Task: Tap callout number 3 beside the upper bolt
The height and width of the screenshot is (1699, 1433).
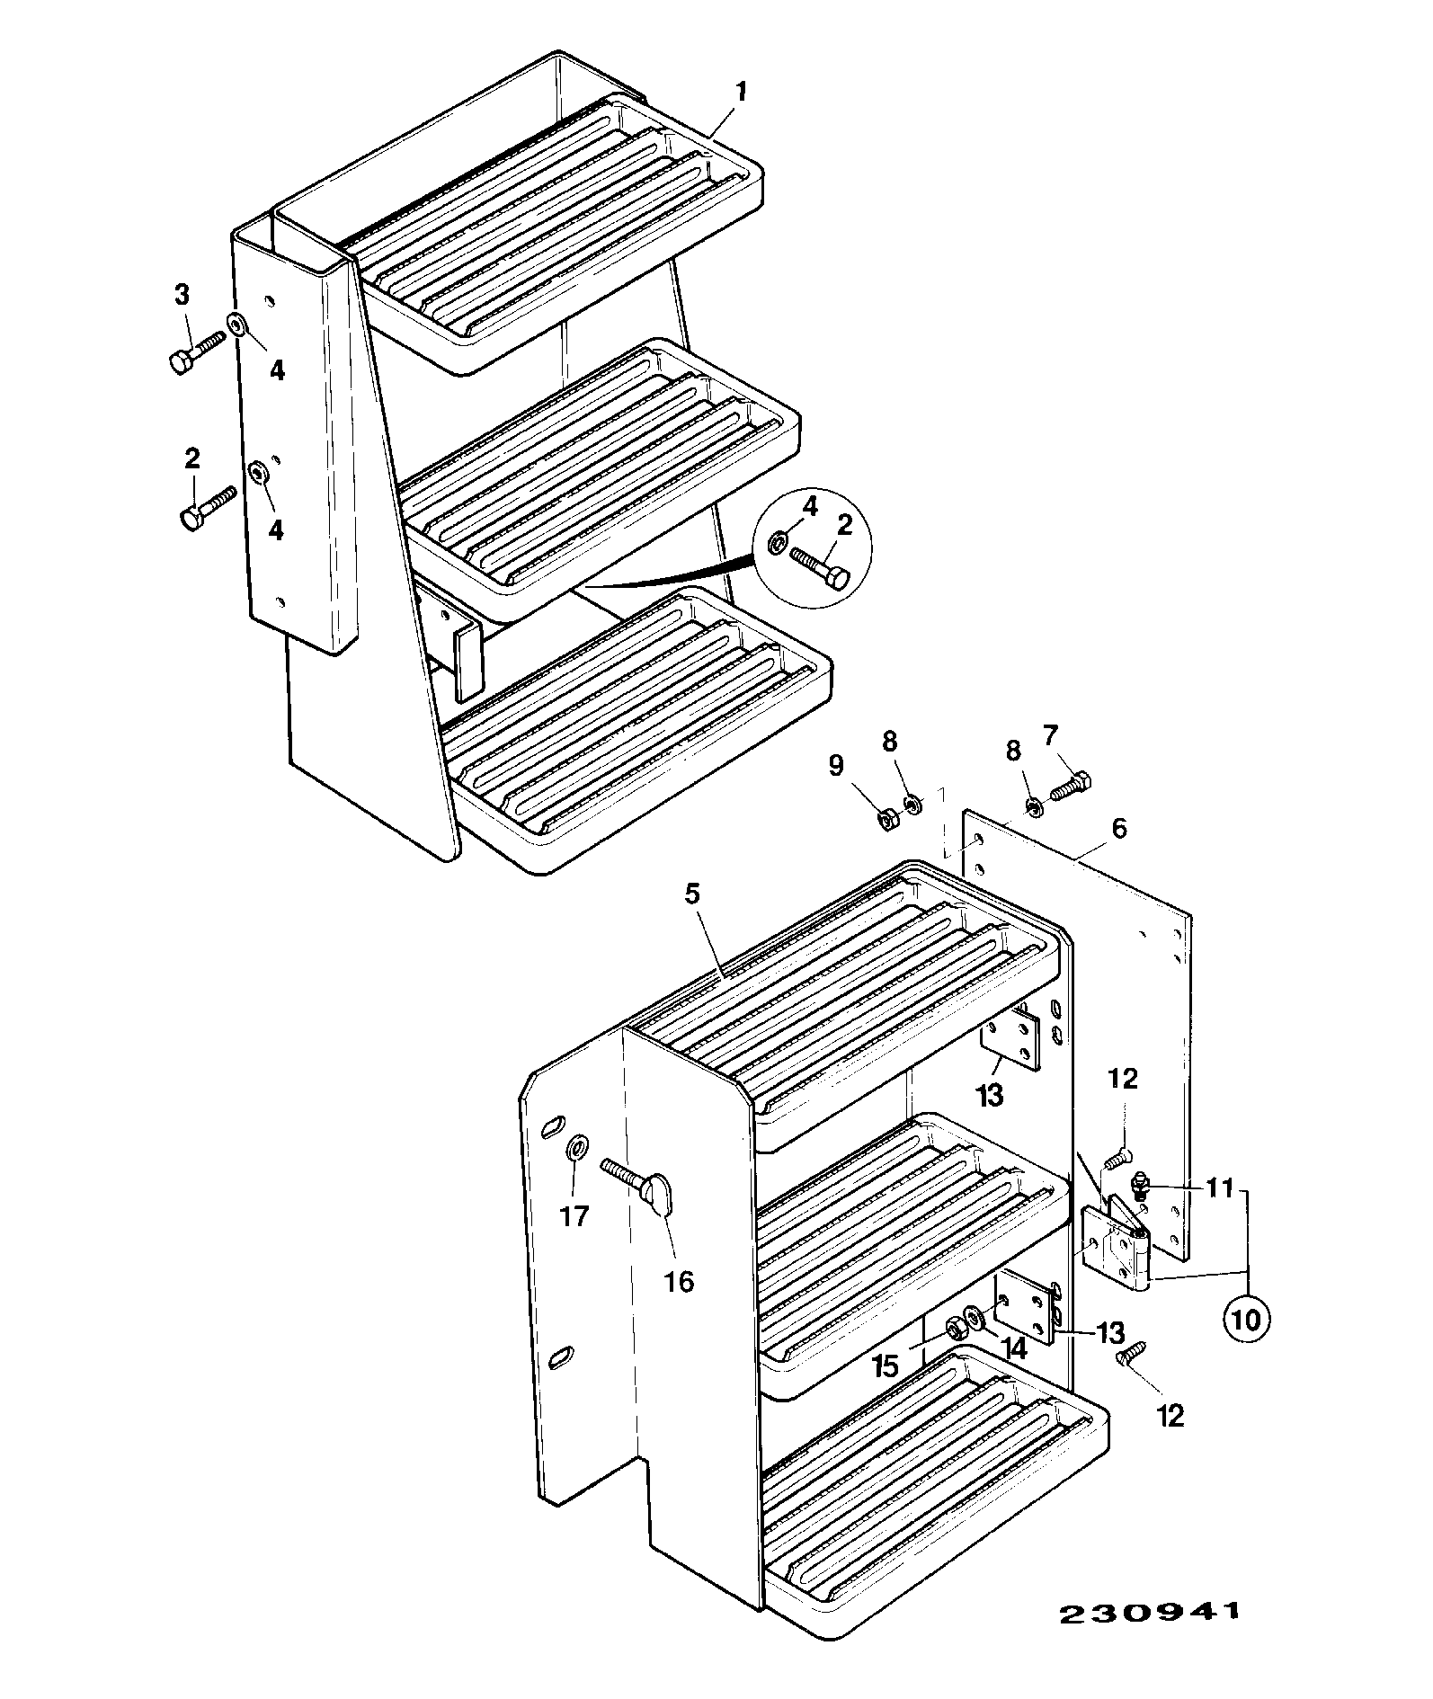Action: pos(182,293)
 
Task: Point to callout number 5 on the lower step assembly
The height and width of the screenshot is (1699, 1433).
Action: pos(691,894)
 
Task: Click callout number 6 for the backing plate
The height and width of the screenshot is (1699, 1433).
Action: pos(1118,827)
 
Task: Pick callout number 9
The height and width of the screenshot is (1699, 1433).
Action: pos(836,765)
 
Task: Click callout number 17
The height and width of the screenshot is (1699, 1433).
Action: pos(574,1216)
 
